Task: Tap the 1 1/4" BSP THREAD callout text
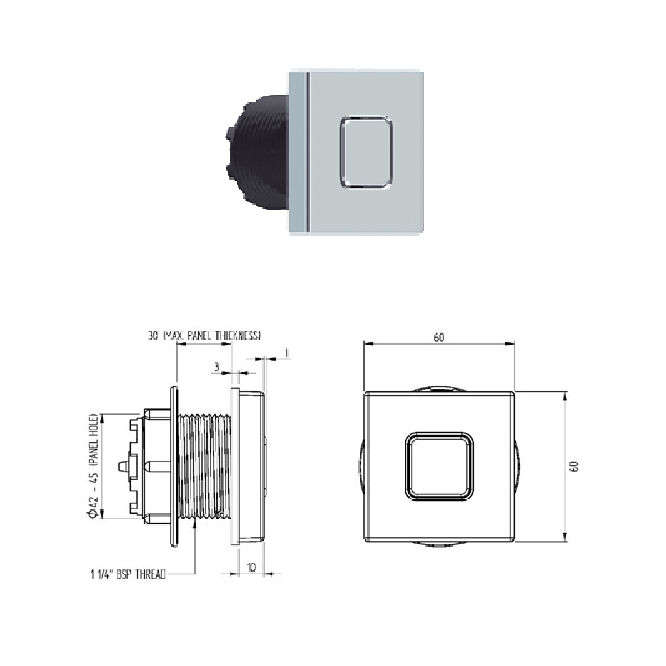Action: click(127, 574)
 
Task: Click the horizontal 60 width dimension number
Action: click(439, 337)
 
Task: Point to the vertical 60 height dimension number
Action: click(574, 465)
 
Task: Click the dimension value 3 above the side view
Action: click(216, 365)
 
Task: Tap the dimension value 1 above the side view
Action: click(286, 353)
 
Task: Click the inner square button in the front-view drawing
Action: click(439, 465)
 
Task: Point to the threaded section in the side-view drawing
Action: click(205, 465)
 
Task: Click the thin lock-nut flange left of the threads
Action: click(174, 465)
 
